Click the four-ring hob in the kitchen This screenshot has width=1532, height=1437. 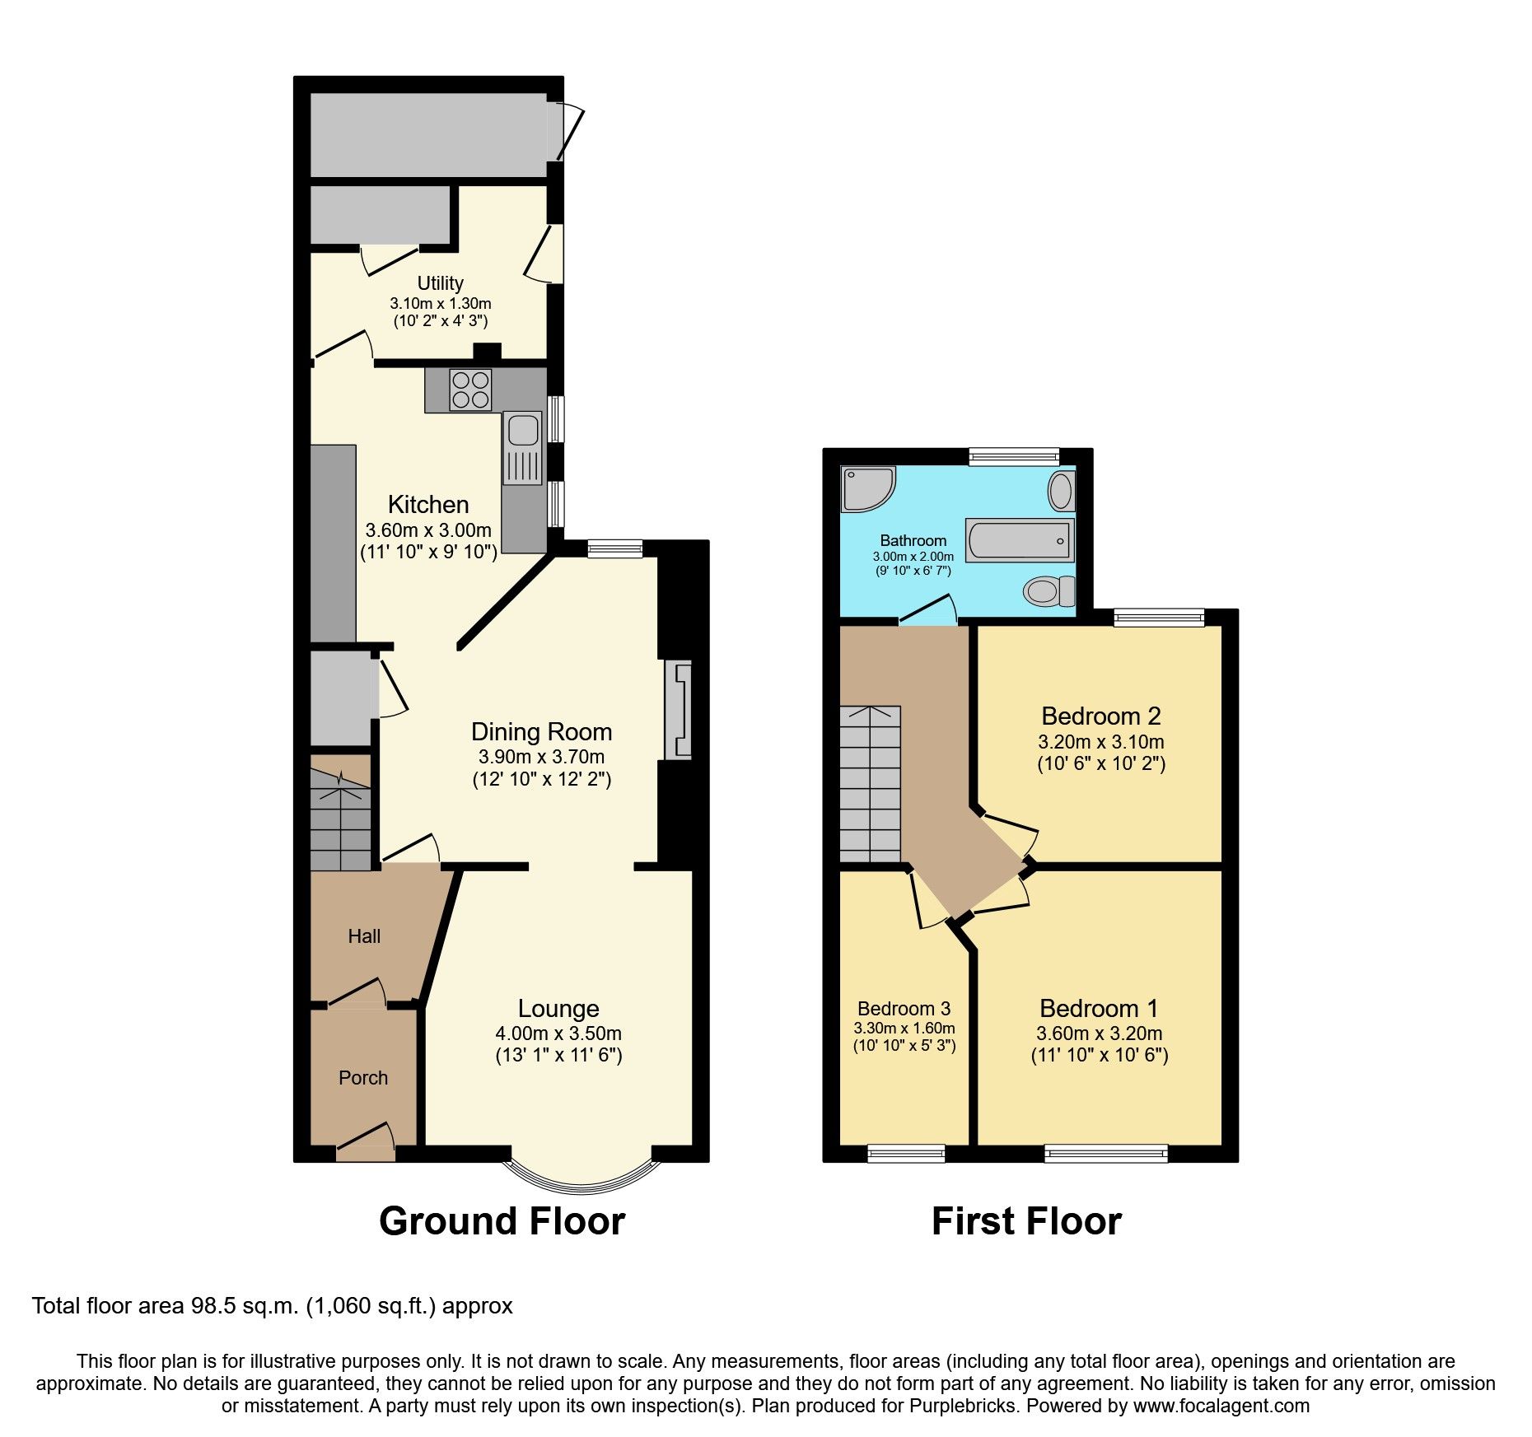click(x=470, y=390)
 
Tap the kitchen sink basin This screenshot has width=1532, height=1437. click(x=523, y=430)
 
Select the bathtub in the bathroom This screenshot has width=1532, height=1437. click(x=1020, y=540)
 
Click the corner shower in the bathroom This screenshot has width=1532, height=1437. click(x=865, y=489)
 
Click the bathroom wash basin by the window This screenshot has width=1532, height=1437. click(x=1061, y=492)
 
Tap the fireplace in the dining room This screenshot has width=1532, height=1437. click(x=678, y=709)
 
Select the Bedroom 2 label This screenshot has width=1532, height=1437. click(x=1100, y=716)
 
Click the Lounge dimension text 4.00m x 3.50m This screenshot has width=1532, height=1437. click(x=558, y=1033)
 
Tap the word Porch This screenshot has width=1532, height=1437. click(x=363, y=1077)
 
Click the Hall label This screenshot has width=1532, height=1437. click(x=364, y=935)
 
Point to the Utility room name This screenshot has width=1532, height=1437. click(x=440, y=283)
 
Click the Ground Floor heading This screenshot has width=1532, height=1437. click(x=502, y=1220)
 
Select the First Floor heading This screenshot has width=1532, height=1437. click(x=1026, y=1220)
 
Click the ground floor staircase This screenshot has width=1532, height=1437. click(x=340, y=820)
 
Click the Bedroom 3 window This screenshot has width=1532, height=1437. click(x=905, y=1153)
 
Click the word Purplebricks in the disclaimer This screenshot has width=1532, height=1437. click(x=962, y=1406)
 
